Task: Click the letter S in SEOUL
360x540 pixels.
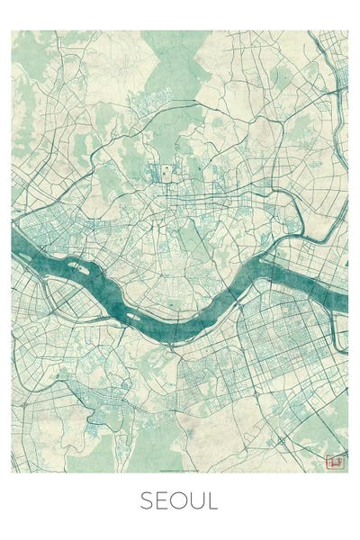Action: click(x=147, y=501)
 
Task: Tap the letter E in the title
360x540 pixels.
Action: click(x=163, y=501)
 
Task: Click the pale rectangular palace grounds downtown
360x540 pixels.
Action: click(x=166, y=171)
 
